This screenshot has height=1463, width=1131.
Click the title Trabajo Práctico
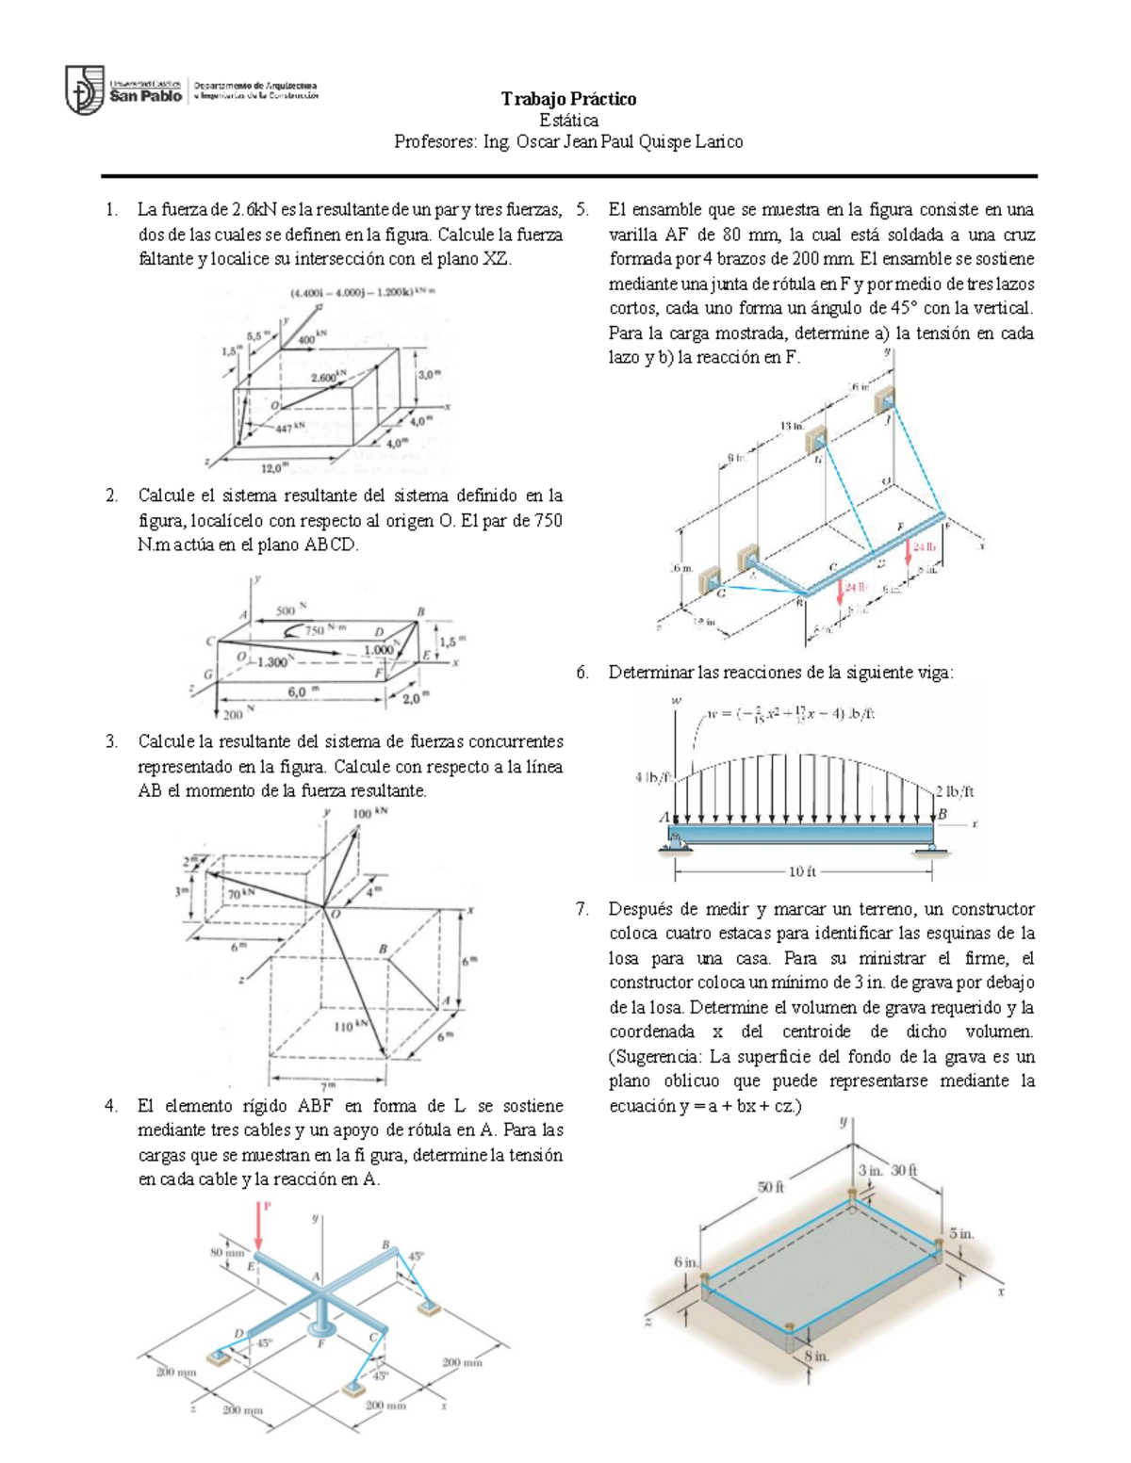(x=568, y=99)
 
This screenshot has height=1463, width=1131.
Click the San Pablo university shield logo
(x=84, y=89)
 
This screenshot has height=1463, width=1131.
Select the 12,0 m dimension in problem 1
(x=274, y=466)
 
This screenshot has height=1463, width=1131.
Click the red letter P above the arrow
(x=266, y=1205)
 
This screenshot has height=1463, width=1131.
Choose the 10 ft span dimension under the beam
(x=803, y=871)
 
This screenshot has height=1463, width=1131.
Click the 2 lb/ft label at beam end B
(x=954, y=791)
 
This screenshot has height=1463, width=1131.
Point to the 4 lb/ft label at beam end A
(x=652, y=777)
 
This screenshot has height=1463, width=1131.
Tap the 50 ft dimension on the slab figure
(x=771, y=1187)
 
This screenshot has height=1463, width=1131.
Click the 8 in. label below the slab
(x=816, y=1357)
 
